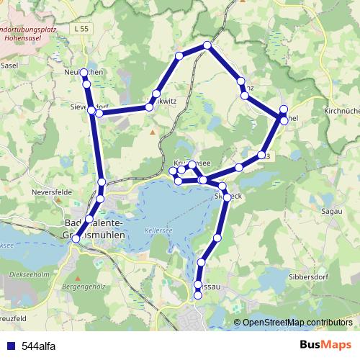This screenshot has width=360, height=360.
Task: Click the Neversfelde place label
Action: tap(50, 194)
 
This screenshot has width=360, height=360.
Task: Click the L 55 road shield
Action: tap(82, 27)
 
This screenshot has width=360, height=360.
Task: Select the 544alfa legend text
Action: tap(39, 346)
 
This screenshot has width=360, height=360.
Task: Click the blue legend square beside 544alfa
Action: tap(10, 346)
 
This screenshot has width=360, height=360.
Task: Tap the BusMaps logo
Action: tap(325, 345)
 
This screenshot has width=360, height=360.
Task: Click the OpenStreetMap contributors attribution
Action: tap(297, 322)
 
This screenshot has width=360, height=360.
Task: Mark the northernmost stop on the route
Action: tap(207, 45)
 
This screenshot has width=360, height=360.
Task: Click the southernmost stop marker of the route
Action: tap(199, 295)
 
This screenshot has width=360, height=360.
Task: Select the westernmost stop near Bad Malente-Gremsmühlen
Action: tap(76, 238)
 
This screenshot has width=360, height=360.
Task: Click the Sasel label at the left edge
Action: tap(9, 65)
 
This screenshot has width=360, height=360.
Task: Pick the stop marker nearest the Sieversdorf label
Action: tap(99, 113)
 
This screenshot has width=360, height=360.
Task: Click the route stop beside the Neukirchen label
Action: tap(84, 73)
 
